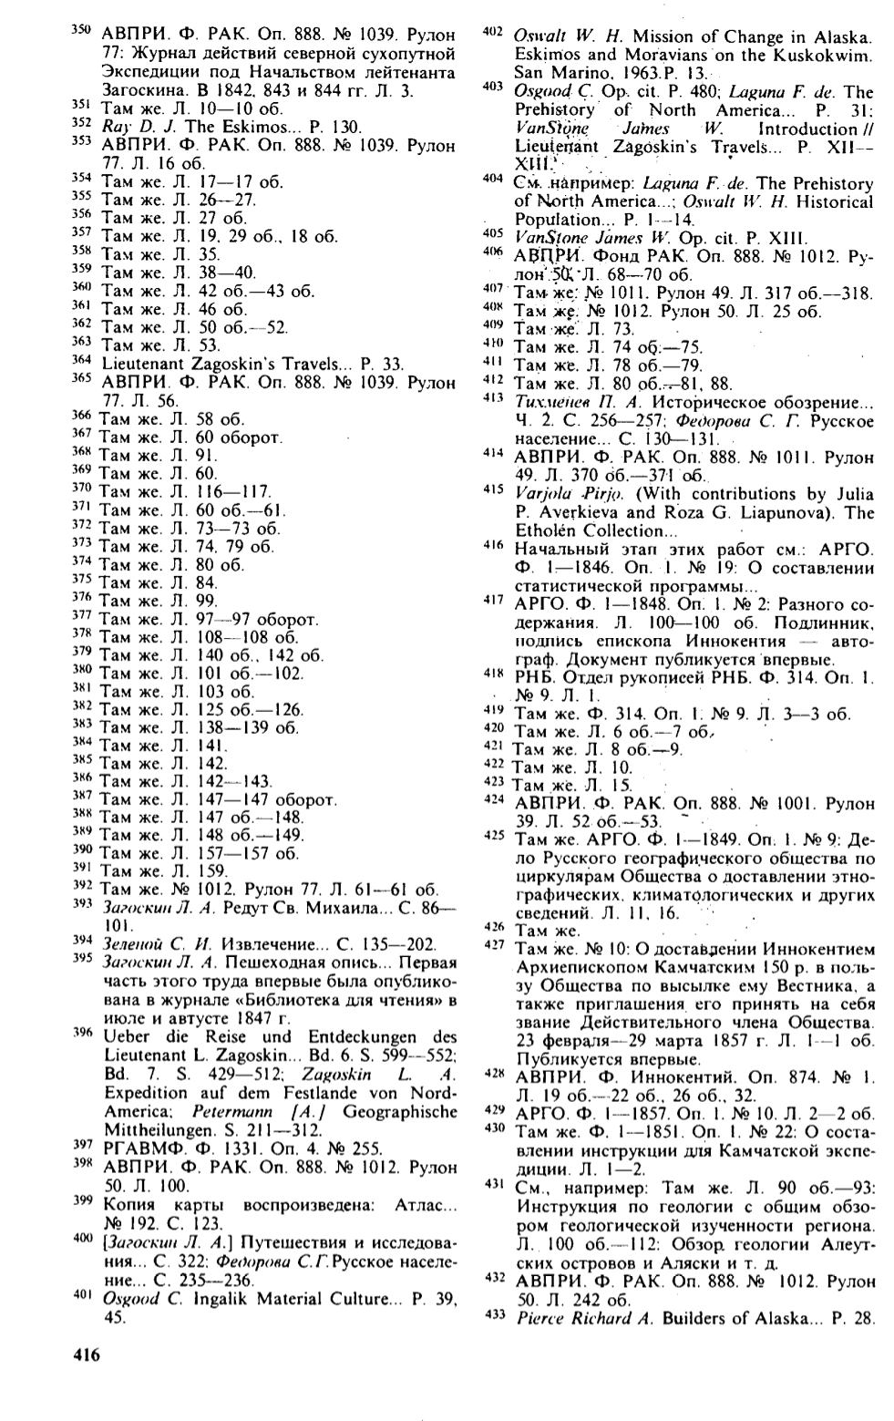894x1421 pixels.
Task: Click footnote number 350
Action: coord(82,31)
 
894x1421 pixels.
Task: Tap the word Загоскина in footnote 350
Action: coord(139,91)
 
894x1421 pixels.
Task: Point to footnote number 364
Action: coord(82,359)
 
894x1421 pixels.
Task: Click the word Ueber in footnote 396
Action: coord(126,1037)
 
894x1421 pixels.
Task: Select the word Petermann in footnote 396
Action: coord(231,1112)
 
